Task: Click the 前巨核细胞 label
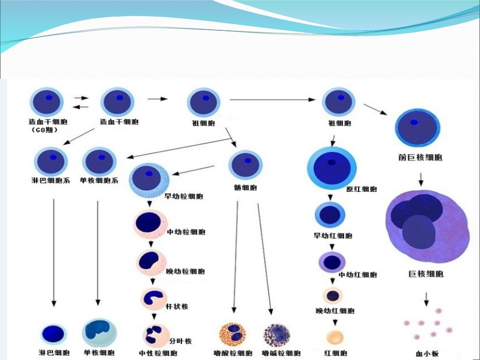coord(420,158)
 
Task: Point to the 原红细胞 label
coord(362,189)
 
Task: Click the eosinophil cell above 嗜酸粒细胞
coord(233,334)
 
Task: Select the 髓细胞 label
coord(246,187)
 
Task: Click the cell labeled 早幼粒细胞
coord(150,179)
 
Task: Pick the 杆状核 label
coord(177,306)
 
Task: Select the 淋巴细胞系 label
coord(50,180)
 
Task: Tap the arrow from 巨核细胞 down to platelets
coord(426,299)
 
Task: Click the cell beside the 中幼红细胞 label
coord(332,262)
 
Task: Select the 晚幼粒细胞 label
coord(185,271)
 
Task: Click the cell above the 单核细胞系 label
coord(99,161)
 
